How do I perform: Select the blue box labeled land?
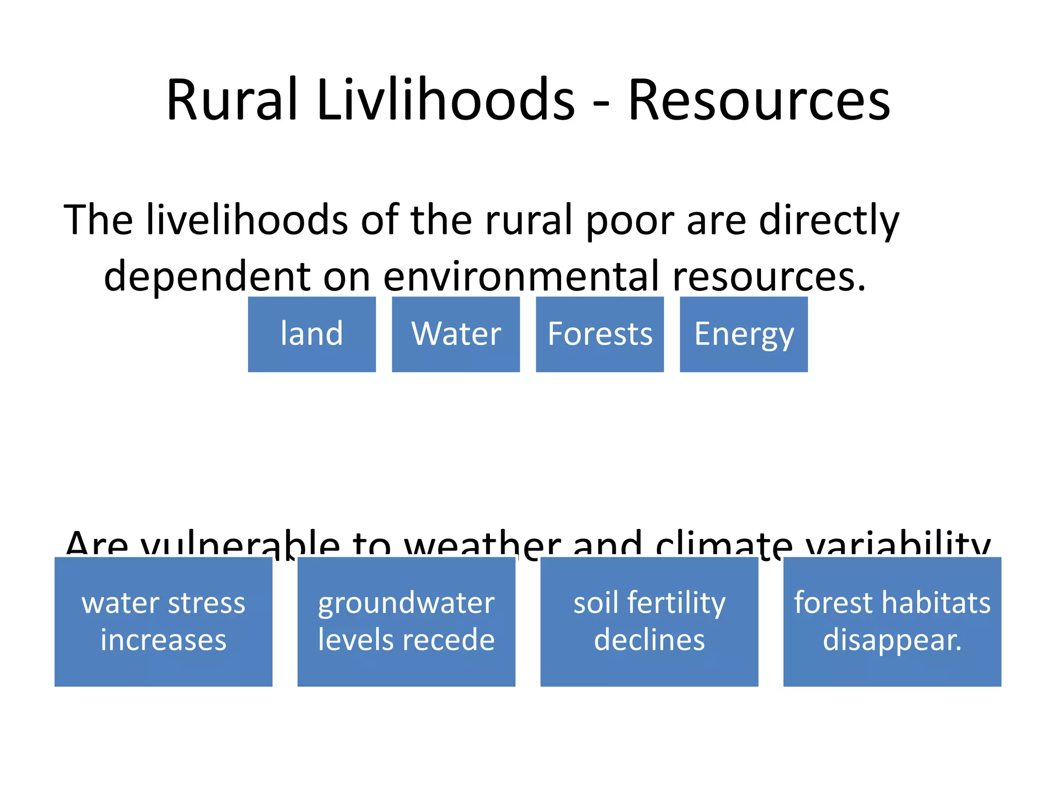(x=311, y=334)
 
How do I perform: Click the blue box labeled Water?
(x=456, y=334)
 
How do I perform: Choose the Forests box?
(x=600, y=334)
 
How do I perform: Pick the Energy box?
(x=744, y=334)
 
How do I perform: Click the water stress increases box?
(x=163, y=621)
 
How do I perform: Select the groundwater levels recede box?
(x=406, y=621)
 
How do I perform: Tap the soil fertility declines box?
(x=649, y=621)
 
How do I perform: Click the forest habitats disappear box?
(x=892, y=621)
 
